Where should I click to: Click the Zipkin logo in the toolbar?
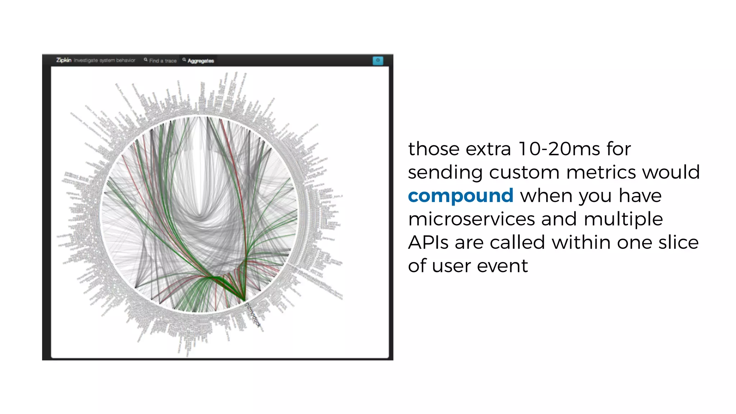point(64,60)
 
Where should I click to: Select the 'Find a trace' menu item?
point(162,61)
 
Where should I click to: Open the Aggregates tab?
point(200,61)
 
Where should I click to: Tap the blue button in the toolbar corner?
point(378,60)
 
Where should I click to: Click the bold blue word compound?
point(460,196)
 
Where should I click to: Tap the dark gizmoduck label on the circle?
point(253,315)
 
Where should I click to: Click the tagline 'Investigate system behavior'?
point(105,60)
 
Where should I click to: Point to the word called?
point(517,242)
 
